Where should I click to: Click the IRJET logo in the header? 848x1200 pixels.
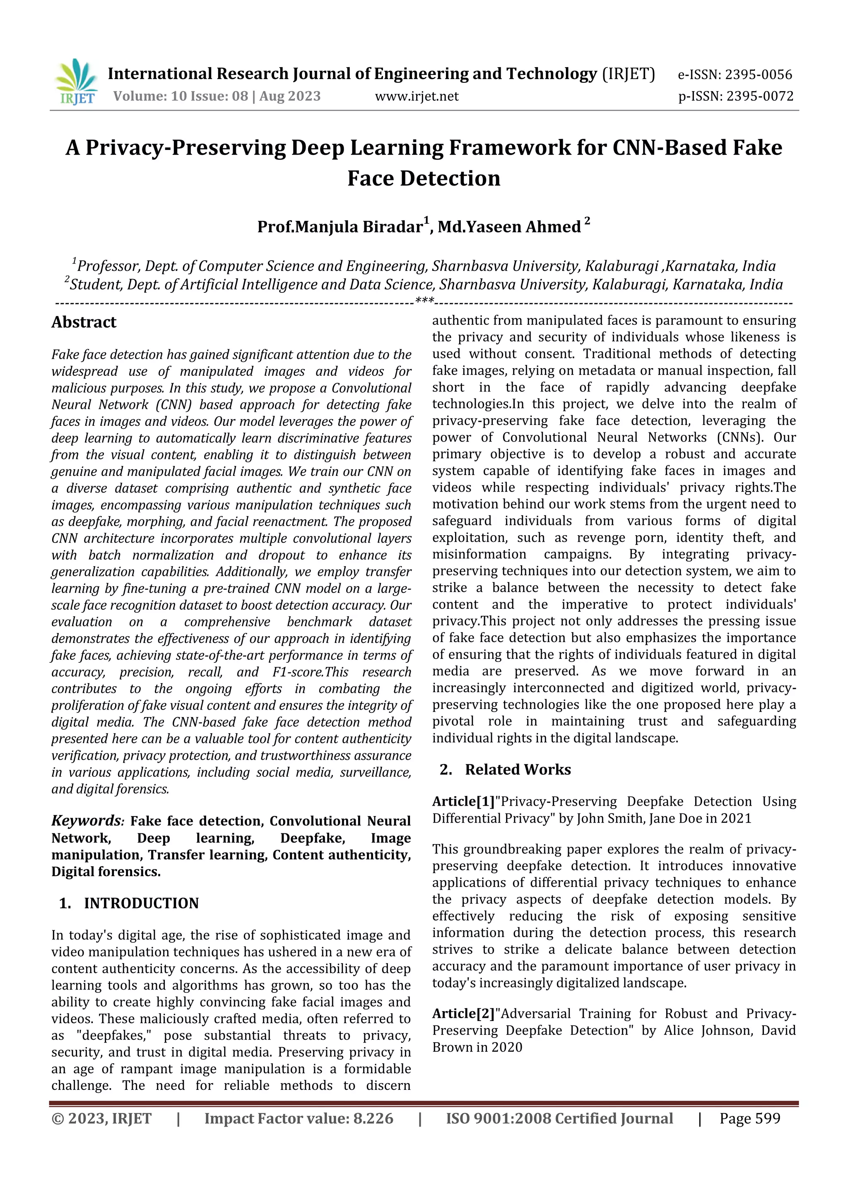click(76, 82)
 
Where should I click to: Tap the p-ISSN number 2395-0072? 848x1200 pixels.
click(760, 96)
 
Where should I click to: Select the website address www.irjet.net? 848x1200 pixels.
click(417, 96)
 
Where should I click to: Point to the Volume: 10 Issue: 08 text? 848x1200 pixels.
click(180, 96)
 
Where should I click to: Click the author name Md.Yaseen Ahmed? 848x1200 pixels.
click(509, 227)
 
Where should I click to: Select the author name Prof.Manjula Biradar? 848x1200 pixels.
click(340, 227)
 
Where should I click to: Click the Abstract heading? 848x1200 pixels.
click(84, 322)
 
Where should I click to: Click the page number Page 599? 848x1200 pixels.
click(749, 1118)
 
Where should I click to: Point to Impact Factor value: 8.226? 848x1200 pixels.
click(299, 1118)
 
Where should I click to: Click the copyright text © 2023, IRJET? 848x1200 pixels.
click(101, 1118)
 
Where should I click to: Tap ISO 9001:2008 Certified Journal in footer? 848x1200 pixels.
click(559, 1118)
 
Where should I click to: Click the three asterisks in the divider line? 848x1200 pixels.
click(424, 301)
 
